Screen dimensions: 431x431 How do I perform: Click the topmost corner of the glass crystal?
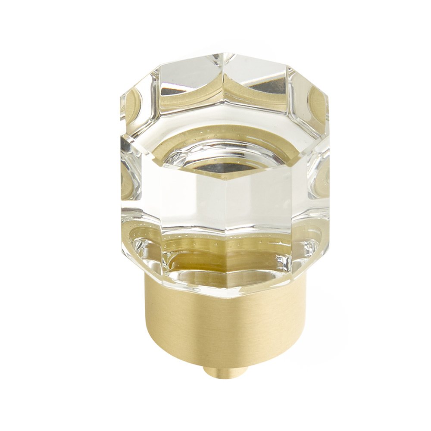[226, 53]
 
